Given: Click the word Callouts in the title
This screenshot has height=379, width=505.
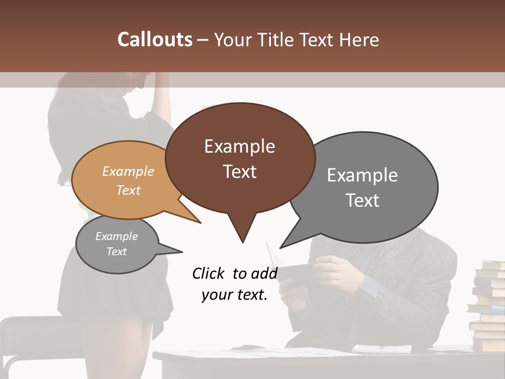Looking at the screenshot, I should [x=155, y=39].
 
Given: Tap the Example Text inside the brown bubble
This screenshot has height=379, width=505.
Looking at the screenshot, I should [x=240, y=158].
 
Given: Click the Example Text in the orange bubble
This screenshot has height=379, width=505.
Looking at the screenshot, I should [x=128, y=181].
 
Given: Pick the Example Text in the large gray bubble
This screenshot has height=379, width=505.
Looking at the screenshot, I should [x=362, y=187].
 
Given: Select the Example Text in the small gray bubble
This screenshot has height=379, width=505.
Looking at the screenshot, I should [x=117, y=244].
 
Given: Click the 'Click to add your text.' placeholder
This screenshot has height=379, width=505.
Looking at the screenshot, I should [x=235, y=284].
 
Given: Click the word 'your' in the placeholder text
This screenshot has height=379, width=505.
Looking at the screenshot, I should [x=215, y=295].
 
